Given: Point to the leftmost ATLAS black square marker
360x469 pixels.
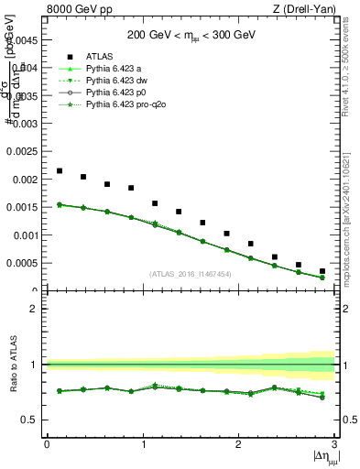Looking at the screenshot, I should point(60,170).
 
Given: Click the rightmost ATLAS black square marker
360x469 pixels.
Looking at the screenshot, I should point(322,271).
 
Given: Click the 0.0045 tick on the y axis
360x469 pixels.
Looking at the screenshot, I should point(23,40).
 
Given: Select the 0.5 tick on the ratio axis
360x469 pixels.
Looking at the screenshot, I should point(33,420).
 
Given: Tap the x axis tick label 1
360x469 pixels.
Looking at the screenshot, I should point(143,444).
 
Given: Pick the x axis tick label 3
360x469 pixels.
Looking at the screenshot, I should point(334,444).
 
